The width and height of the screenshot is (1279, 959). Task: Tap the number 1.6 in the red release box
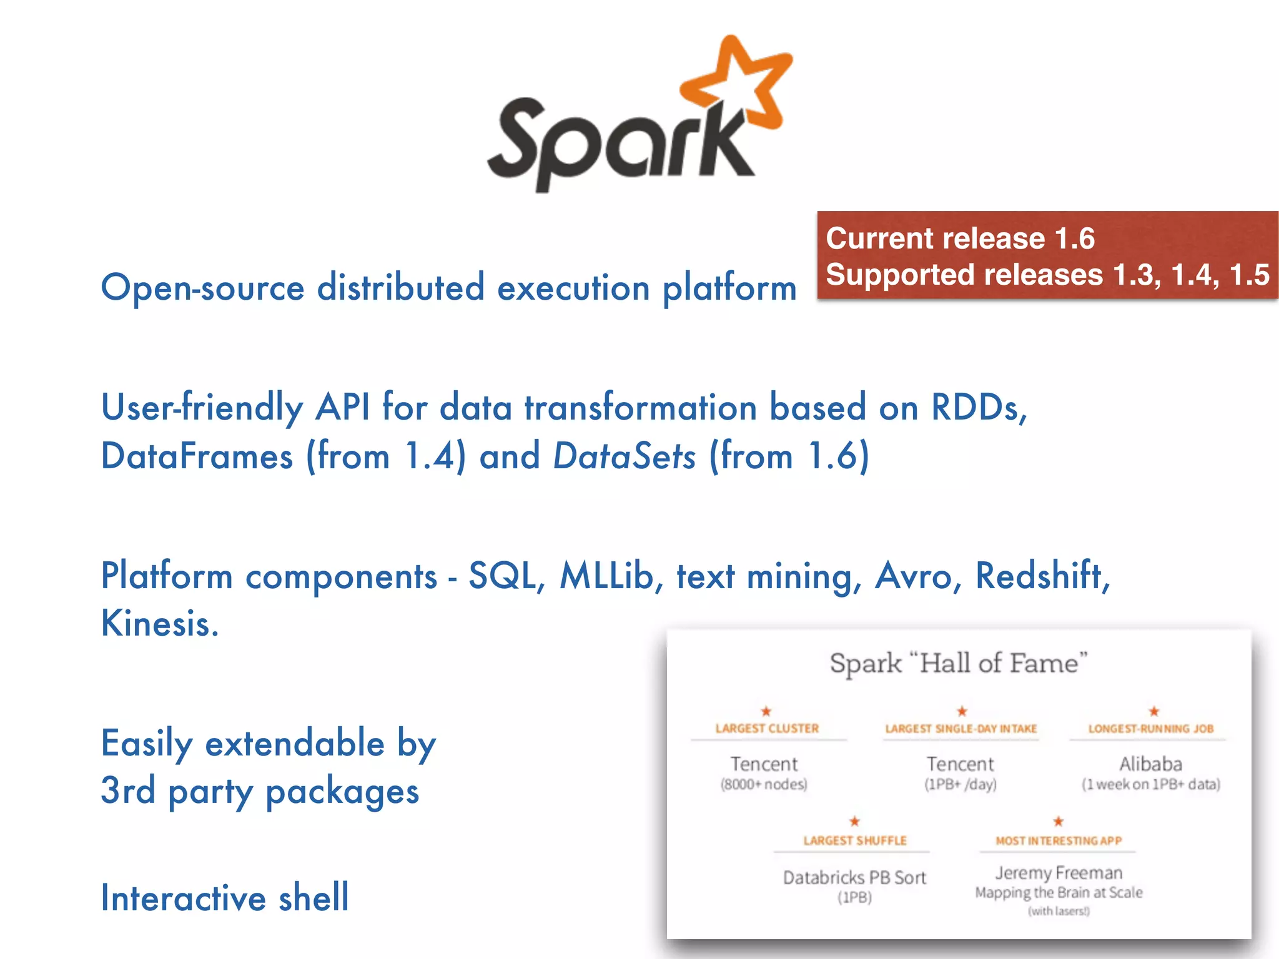click(x=1074, y=239)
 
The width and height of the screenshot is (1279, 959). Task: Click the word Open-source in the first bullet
click(x=202, y=288)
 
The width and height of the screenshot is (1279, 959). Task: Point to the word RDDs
click(x=978, y=408)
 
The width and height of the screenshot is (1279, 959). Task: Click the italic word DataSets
click(x=624, y=456)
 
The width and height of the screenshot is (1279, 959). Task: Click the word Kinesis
click(x=159, y=623)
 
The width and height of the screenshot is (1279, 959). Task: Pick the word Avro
click(x=913, y=575)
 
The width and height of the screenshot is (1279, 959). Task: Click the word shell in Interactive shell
click(x=313, y=898)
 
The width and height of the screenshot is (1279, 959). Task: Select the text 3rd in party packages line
click(x=128, y=790)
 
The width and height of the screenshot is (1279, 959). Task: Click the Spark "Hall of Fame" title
click(x=959, y=663)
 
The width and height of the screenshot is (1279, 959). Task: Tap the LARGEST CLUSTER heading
click(x=767, y=729)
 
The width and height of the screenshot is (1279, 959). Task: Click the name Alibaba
click(x=1150, y=764)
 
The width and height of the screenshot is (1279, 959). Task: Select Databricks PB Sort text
click(x=854, y=878)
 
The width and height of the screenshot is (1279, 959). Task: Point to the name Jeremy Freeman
click(x=1059, y=873)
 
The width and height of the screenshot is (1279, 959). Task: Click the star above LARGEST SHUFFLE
click(x=854, y=822)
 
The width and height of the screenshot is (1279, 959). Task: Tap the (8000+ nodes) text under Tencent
click(x=764, y=785)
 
